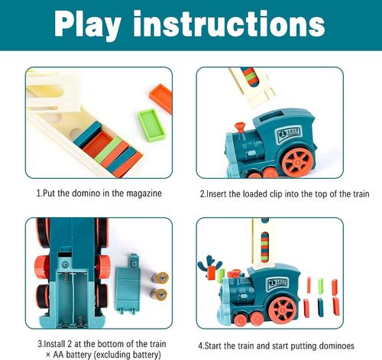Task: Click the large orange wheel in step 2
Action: click(x=297, y=161)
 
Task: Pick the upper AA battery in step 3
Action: click(x=160, y=279)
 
